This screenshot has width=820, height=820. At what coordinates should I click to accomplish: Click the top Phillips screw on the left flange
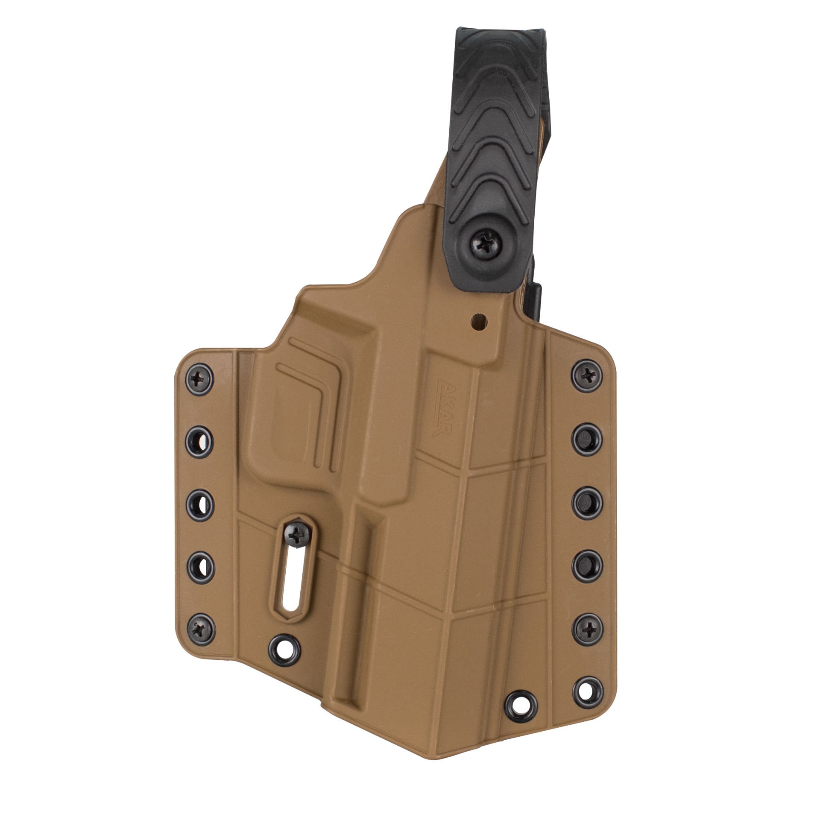(x=200, y=378)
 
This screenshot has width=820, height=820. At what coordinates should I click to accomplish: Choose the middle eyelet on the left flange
(x=200, y=504)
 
